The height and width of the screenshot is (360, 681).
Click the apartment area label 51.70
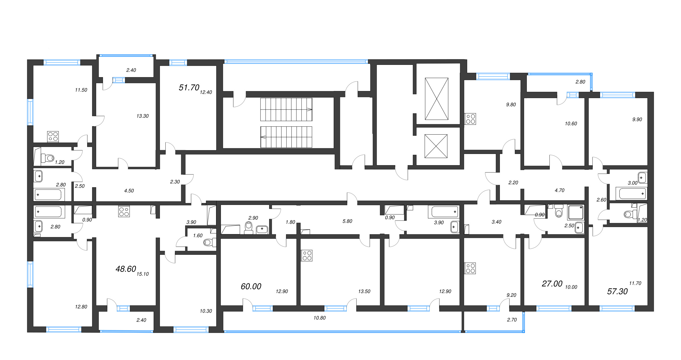189,87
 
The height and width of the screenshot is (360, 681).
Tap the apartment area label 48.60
126,269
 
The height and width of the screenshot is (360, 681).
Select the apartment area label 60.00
251,286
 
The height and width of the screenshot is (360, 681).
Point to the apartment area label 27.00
552,284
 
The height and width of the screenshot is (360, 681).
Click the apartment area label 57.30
617,292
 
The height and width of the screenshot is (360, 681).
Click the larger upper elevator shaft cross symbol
436,99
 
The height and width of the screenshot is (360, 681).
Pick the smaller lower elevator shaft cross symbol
436,146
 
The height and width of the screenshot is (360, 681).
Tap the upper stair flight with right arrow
286,109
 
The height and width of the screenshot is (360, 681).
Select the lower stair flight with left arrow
286,137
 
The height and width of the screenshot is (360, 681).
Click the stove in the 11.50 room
53,137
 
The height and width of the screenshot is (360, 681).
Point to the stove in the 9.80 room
470,119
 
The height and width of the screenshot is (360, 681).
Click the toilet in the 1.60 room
209,242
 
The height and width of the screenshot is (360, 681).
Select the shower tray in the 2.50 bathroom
576,213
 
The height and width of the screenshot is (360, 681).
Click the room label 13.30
142,116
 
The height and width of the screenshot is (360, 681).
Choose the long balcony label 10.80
319,318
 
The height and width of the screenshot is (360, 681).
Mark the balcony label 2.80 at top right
580,82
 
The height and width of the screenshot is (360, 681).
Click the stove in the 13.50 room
307,256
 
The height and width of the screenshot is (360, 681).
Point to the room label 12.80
81,307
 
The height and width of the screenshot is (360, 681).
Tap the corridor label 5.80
347,221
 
